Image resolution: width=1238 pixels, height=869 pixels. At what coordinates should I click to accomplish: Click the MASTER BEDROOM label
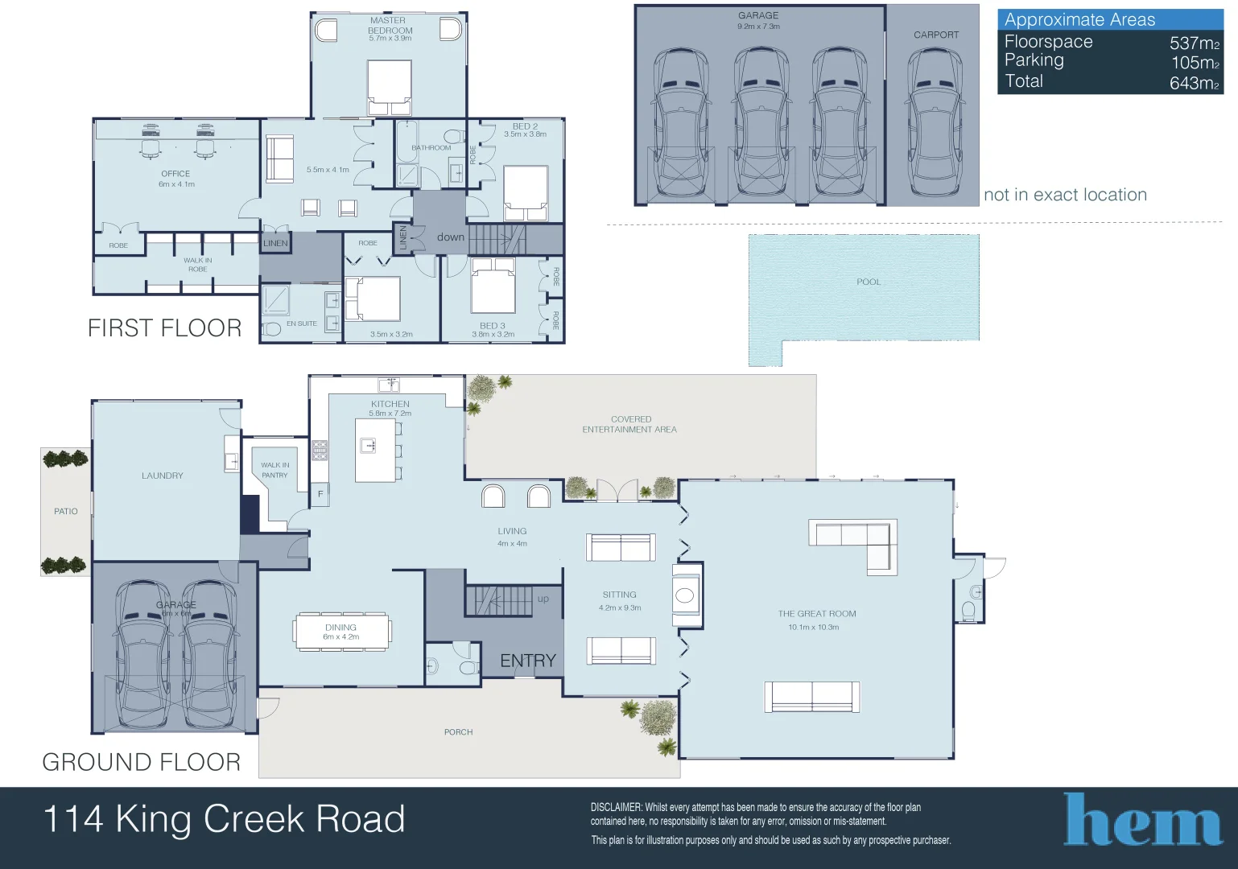point(389,25)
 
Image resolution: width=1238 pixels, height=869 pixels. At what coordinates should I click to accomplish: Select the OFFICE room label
point(175,174)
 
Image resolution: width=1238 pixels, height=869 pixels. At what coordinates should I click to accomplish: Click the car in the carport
point(935,121)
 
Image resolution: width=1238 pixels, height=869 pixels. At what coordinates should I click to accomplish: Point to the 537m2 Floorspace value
point(1194,43)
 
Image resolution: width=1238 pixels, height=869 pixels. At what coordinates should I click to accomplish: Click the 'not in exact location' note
point(1065,195)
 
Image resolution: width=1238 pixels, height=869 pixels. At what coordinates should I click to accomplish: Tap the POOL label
point(869,282)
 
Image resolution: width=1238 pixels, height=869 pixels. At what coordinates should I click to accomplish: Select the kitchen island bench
point(375,449)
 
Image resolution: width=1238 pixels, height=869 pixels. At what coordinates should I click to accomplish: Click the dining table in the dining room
point(342,632)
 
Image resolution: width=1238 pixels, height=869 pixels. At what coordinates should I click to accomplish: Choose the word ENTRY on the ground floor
point(528,661)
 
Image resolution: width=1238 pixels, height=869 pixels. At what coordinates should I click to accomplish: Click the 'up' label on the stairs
point(543,599)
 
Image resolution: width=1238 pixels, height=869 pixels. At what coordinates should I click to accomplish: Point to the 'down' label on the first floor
point(451,237)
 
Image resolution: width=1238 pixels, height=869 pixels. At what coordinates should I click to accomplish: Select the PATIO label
point(66,511)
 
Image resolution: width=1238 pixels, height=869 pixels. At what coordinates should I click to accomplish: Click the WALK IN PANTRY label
point(274,470)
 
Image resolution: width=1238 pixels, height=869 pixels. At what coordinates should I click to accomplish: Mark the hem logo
point(1143,821)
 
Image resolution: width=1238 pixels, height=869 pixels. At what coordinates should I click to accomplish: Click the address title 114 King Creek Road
point(224,819)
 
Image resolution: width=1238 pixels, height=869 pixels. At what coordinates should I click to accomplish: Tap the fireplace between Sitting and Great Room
point(686,595)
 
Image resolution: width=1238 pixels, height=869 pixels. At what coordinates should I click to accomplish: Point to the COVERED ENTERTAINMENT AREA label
point(630,424)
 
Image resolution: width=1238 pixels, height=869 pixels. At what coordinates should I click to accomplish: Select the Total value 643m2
point(1194,83)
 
